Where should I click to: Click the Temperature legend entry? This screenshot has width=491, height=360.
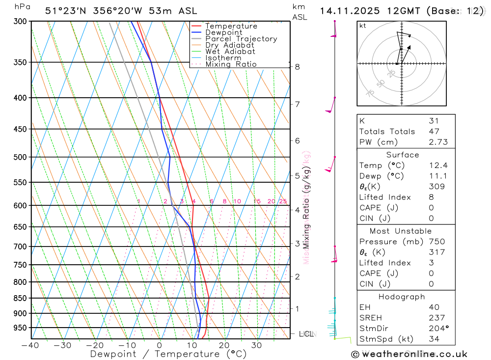[x=231, y=26]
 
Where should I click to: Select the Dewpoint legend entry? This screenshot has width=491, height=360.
[x=223, y=32]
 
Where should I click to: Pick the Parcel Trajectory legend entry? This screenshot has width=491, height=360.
[x=241, y=39]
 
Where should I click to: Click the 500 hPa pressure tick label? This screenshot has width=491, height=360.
[x=21, y=157]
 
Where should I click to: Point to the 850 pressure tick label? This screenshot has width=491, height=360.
[x=21, y=298]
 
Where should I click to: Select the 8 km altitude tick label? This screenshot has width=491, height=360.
[x=298, y=67]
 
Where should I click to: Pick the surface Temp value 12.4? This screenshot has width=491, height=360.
[x=438, y=166]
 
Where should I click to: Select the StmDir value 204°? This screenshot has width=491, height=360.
[x=438, y=329]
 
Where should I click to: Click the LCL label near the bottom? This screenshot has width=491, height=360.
[x=306, y=334]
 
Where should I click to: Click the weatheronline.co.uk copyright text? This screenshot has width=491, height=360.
[x=409, y=354]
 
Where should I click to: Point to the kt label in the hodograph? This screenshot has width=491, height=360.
[x=362, y=26]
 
